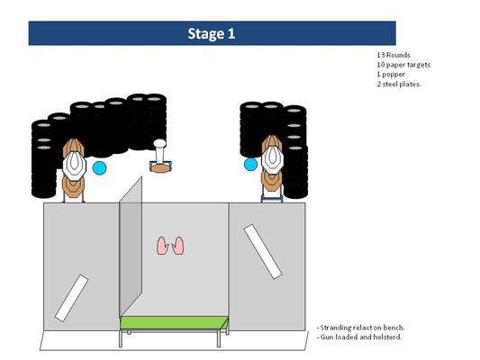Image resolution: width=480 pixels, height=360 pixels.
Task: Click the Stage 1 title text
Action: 212,33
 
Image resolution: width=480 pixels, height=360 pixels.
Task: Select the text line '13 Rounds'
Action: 394,55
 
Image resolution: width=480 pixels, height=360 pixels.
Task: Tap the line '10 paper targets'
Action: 403,65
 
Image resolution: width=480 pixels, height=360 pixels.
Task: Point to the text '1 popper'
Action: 391,75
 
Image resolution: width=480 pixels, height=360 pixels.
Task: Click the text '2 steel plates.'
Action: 399,84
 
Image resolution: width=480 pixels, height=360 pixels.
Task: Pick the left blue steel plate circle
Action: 99,168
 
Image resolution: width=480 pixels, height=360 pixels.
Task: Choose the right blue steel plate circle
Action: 250,164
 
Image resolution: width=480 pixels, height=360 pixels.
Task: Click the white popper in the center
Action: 159,151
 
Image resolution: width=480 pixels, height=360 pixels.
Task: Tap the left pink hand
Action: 162,246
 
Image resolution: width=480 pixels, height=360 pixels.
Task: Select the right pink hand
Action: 178,246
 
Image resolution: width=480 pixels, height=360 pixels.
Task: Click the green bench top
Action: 174,323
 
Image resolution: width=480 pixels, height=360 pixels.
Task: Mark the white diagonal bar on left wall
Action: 72,298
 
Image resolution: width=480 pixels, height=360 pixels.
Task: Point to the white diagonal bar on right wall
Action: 263,251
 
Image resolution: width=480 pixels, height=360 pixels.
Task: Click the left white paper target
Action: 74,166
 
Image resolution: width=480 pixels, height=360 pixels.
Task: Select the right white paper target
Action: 273,159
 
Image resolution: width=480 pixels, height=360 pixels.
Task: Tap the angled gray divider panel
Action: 131,247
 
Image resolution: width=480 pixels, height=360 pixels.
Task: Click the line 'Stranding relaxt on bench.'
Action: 360,328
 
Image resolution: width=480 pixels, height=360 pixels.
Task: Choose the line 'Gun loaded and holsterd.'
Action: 359,337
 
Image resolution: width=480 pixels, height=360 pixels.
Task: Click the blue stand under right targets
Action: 272,198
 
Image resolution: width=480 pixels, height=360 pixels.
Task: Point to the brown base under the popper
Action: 160,168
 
